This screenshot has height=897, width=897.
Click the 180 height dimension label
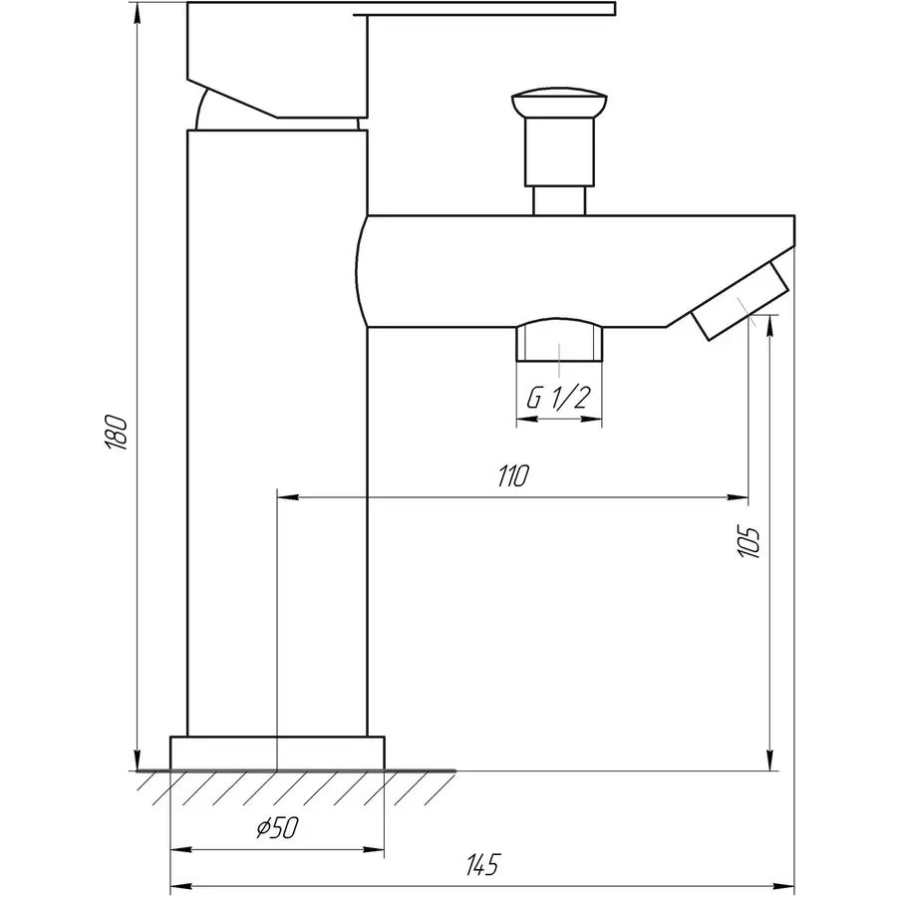118,431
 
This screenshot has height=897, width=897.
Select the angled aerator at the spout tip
741,300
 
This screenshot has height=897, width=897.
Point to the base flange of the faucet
277,752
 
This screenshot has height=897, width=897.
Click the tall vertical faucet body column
277,429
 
